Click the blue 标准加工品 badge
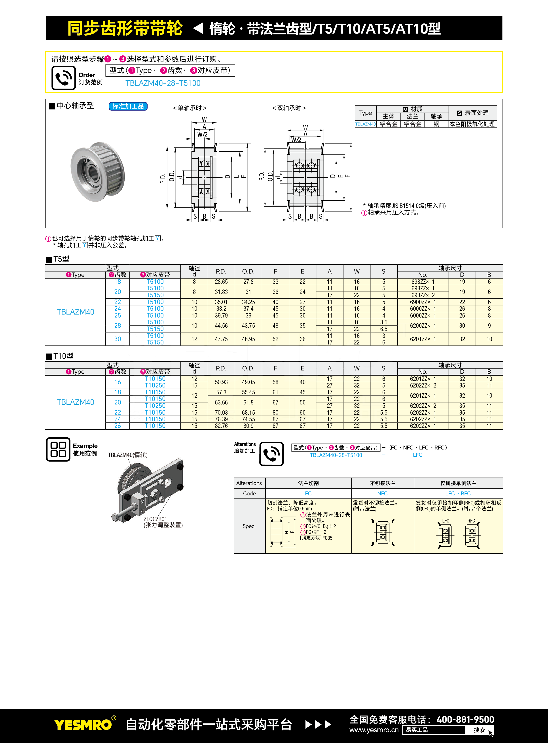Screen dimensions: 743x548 (128, 106)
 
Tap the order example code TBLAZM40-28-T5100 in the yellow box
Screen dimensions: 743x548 (163, 83)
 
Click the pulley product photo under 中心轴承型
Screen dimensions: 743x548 (98, 172)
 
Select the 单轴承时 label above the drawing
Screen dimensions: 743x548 (190, 108)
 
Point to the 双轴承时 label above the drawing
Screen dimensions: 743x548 (289, 108)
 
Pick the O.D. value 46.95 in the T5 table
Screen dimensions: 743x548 (248, 339)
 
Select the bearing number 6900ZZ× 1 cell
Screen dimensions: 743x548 (423, 302)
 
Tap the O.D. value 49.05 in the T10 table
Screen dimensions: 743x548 (248, 382)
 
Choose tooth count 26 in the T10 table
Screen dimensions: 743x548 (118, 426)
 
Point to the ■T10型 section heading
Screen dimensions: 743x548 (60, 356)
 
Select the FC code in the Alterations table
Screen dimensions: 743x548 (308, 493)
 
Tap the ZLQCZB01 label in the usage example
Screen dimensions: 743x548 (155, 519)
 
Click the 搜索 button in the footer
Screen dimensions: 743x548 (479, 730)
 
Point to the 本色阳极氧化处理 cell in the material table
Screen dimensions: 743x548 (472, 124)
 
